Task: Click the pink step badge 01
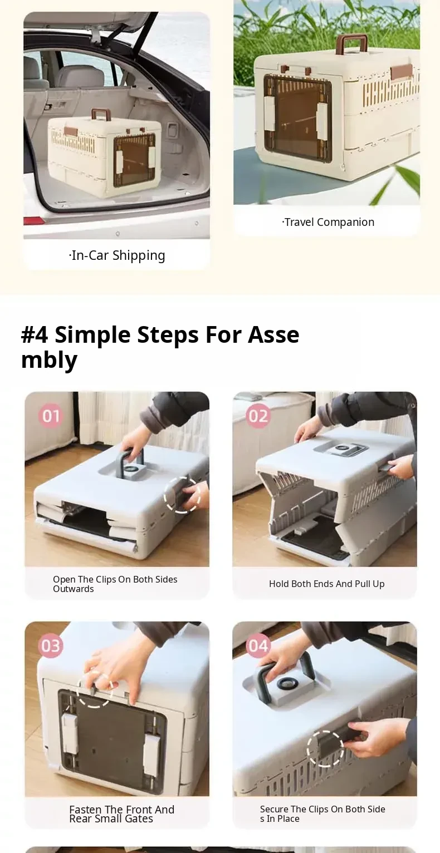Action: (51, 416)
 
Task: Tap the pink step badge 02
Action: (258, 416)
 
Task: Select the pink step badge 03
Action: (51, 646)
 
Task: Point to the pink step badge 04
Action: (258, 646)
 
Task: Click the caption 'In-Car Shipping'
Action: (117, 255)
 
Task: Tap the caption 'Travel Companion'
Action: (328, 222)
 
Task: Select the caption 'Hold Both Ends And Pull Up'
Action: (327, 584)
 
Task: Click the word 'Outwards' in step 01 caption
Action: (73, 589)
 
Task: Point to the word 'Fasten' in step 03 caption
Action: (85, 809)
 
